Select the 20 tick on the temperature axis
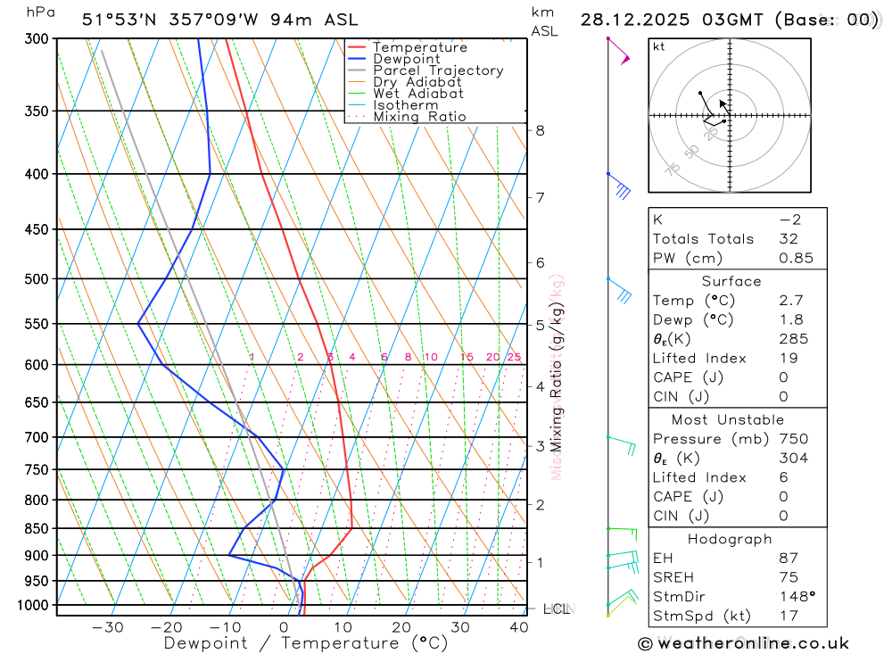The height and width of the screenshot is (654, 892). (x=401, y=627)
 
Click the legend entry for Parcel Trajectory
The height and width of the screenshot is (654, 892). (x=438, y=70)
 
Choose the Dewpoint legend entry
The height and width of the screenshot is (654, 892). (x=407, y=59)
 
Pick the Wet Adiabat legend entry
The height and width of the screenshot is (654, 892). (x=418, y=94)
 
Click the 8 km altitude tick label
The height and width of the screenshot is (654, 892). (x=540, y=130)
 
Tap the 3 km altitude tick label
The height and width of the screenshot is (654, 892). (x=540, y=445)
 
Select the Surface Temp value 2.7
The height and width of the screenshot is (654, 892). (x=789, y=301)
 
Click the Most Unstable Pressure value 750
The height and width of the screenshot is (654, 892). (x=793, y=439)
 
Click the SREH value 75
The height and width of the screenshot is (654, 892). (x=788, y=577)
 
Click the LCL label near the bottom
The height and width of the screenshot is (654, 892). (x=556, y=609)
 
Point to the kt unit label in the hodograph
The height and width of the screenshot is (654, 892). (x=658, y=46)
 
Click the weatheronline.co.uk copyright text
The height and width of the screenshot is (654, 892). (x=743, y=643)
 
